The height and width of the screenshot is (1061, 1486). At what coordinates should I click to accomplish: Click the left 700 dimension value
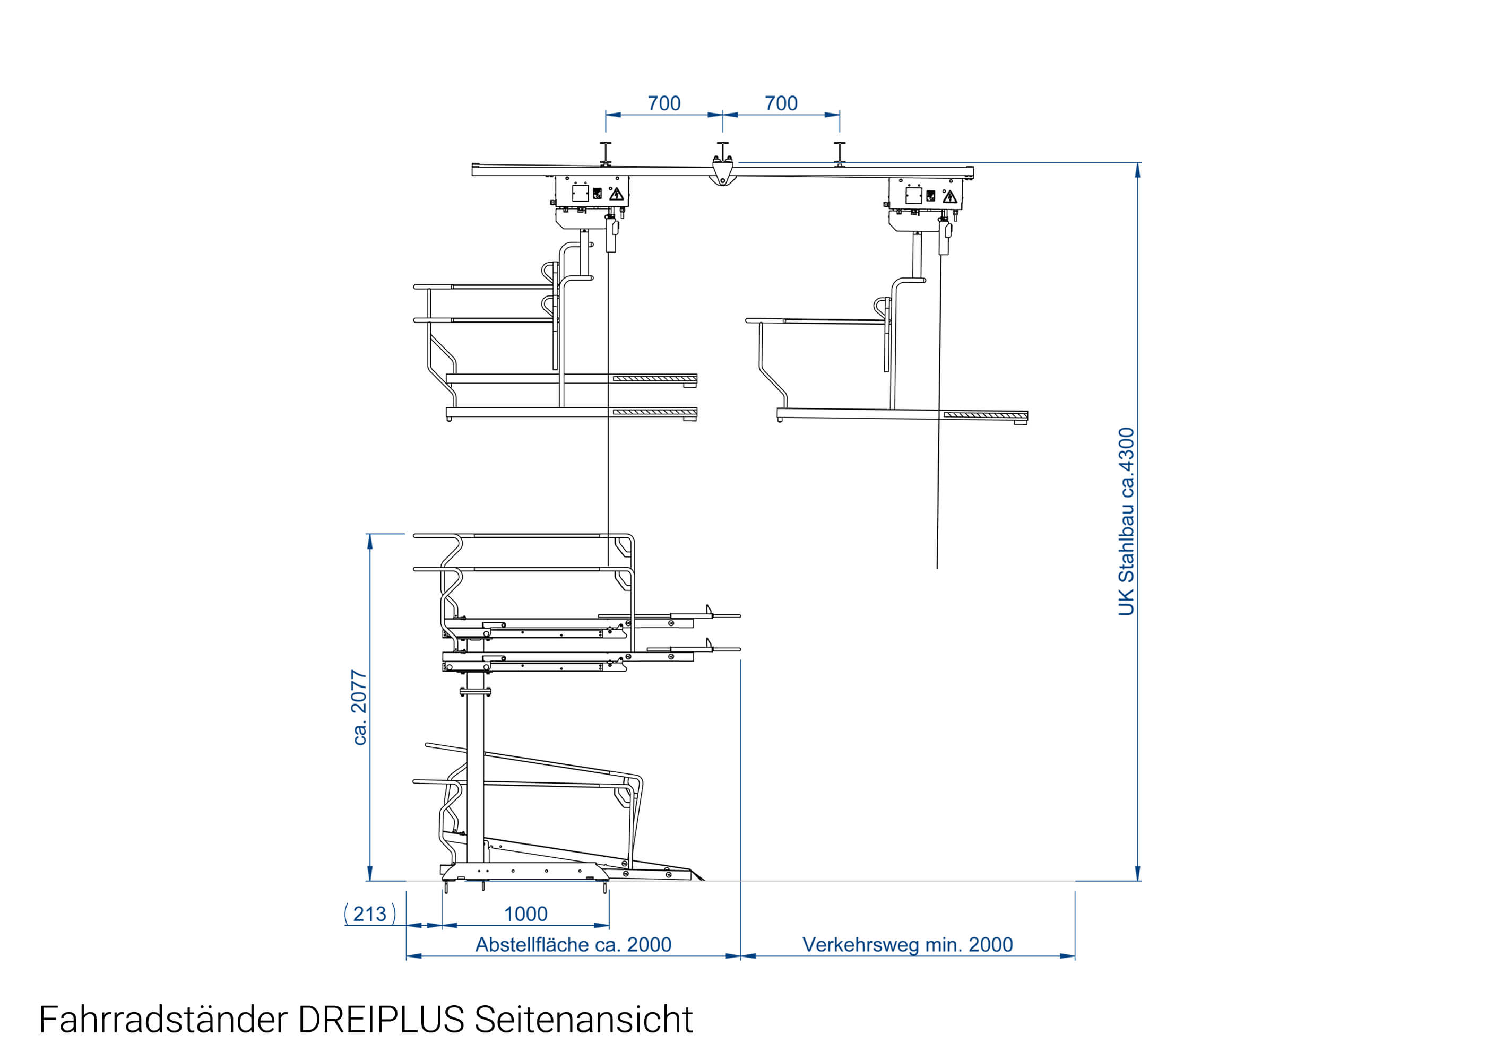663,103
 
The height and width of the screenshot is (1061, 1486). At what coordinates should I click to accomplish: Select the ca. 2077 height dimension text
359,708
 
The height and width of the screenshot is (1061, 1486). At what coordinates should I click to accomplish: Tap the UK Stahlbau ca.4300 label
1126,521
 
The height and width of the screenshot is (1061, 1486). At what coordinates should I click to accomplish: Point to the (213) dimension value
370,914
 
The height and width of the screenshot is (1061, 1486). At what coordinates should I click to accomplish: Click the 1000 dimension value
525,914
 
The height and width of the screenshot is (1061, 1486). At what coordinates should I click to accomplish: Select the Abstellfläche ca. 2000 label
573,944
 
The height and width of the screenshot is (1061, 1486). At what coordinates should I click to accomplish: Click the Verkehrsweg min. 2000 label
907,944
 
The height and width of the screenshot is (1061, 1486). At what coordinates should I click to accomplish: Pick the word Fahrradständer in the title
163,1020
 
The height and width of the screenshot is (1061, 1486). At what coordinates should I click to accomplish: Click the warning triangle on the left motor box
616,194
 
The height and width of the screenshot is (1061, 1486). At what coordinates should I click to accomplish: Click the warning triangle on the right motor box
949,197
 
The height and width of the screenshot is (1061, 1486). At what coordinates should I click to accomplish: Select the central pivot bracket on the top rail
722,172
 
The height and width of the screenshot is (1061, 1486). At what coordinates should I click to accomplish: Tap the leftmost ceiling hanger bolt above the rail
606,153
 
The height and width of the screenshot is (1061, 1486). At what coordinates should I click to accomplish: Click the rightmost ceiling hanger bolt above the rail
839,153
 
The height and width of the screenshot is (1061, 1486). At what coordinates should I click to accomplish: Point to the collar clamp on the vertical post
475,692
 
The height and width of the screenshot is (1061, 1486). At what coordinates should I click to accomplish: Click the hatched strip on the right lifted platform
985,415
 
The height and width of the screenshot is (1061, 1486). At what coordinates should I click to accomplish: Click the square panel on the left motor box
580,194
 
